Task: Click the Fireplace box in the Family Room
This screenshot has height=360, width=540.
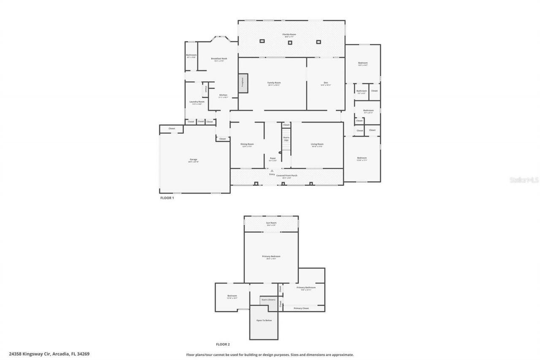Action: point(243,83)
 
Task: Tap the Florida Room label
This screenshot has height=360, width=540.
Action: point(289,34)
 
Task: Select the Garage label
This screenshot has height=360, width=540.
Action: point(193,160)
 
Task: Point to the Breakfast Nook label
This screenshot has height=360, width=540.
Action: point(219,59)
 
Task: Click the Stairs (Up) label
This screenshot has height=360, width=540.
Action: point(286,138)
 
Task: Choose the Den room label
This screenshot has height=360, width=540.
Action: point(326,83)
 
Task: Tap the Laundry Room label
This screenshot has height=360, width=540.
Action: point(197,102)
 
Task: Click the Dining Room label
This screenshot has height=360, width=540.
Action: point(247,144)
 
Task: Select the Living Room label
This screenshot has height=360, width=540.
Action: point(317,144)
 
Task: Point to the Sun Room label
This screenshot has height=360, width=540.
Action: point(271,223)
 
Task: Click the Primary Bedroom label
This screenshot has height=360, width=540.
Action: point(271,257)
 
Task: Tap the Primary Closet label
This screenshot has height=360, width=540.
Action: point(301,309)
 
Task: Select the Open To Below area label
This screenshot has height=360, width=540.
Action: point(264,321)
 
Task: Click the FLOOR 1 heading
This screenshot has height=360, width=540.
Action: point(167,198)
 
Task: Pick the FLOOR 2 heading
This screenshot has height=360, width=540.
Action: point(223,344)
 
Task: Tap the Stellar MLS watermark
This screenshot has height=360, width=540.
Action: point(524,180)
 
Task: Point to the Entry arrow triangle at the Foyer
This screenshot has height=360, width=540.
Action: point(272,171)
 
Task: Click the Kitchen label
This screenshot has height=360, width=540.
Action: point(223,95)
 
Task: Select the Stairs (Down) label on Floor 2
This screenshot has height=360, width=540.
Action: point(268,300)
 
